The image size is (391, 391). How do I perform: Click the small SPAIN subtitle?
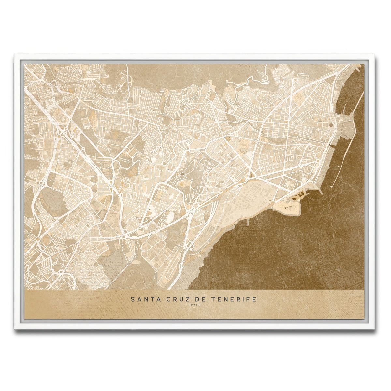pos(194,305)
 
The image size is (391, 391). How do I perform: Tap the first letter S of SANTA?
pos(133,299)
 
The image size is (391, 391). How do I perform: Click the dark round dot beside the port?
pos(331,125)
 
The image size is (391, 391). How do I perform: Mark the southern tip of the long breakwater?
pos(331,187)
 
